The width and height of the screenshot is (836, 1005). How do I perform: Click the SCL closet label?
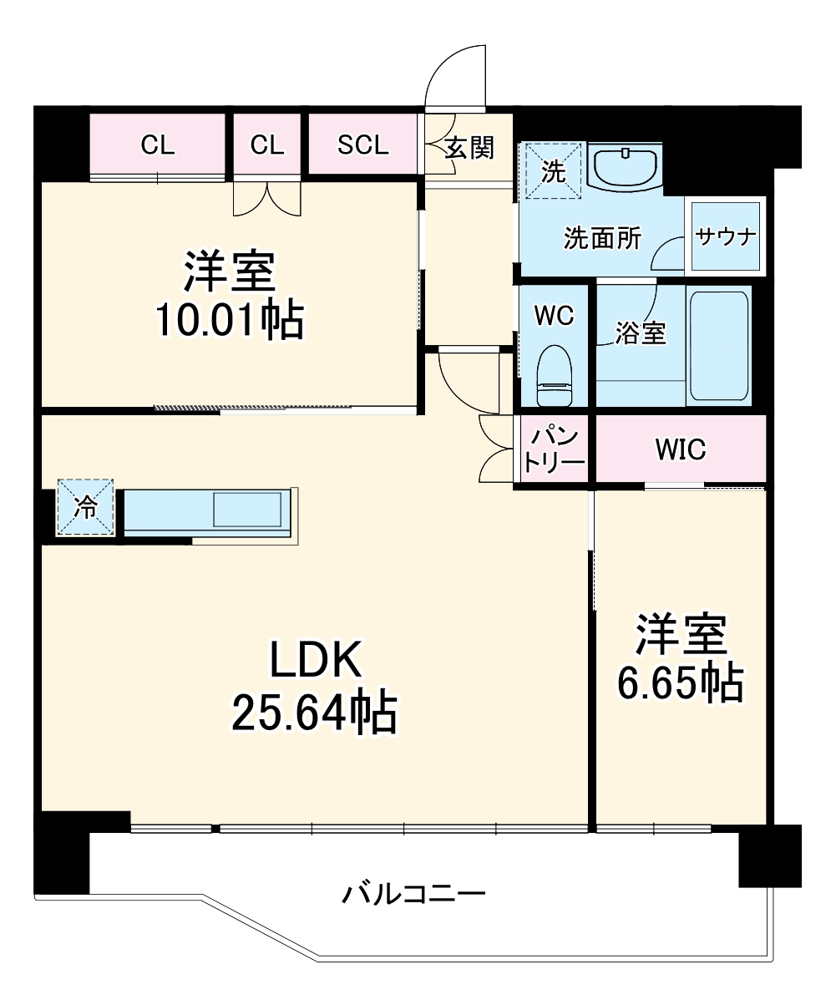pos(363,145)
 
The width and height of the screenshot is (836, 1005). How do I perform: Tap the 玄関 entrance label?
pos(469,148)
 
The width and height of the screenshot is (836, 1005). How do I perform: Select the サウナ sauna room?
pos(726,236)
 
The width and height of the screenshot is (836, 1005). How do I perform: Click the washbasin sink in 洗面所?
pos(626,165)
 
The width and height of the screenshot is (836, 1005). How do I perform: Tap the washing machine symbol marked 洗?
pos(552,171)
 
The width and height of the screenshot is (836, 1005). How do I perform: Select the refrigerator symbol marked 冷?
pos(85,507)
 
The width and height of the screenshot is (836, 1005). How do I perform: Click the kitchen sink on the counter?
pos(248,509)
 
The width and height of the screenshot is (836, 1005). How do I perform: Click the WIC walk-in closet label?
pos(680,449)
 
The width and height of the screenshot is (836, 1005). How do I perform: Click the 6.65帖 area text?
pos(680,683)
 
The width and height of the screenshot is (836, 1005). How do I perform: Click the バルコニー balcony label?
pos(413,895)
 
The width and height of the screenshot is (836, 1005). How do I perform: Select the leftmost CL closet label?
pos(158,145)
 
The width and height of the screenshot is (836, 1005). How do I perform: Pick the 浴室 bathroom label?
pos(641,333)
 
